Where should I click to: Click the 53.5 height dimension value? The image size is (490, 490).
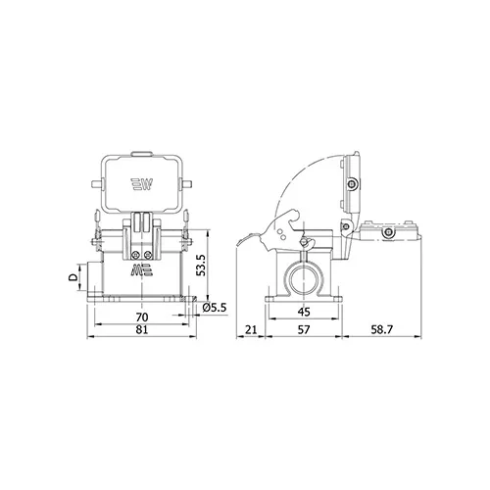pyautogui.click(x=202, y=265)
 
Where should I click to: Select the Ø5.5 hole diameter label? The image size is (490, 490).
pyautogui.click(x=215, y=308)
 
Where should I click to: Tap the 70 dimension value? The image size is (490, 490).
pyautogui.click(x=142, y=317)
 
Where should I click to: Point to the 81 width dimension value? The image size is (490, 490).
pyautogui.click(x=142, y=329)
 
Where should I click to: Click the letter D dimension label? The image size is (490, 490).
pyautogui.click(x=73, y=277)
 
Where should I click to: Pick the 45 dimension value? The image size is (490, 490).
pyautogui.click(x=304, y=312)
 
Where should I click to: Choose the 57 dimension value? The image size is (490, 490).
pyautogui.click(x=304, y=329)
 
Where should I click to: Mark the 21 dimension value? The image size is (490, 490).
pyautogui.click(x=251, y=329)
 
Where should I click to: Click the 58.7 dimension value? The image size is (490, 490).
pyautogui.click(x=381, y=329)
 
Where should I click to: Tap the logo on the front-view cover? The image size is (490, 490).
pyautogui.click(x=142, y=184)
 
